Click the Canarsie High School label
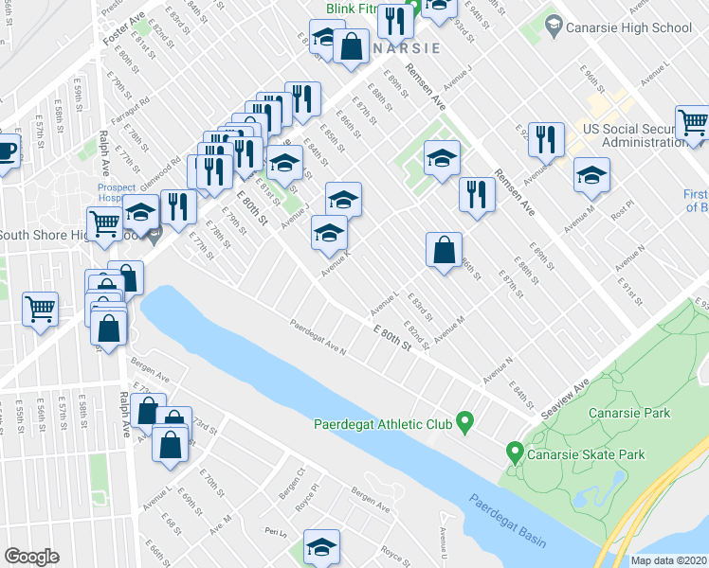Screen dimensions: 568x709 (628, 27)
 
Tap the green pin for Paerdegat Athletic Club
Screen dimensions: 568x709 (464, 422)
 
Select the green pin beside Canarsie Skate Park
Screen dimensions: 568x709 (515, 453)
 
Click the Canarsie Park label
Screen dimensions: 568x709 (629, 413)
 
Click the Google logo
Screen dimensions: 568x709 (31, 557)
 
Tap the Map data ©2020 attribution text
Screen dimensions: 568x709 (667, 560)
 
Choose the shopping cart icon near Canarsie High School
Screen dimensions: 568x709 (694, 123)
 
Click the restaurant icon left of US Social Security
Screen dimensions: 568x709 (544, 139)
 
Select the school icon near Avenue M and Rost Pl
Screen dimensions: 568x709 (591, 175)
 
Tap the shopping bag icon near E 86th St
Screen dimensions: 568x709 (444, 251)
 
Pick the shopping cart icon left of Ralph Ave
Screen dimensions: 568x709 (41, 309)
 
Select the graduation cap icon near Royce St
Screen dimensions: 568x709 (321, 546)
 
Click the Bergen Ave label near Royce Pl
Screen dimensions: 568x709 (370, 501)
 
